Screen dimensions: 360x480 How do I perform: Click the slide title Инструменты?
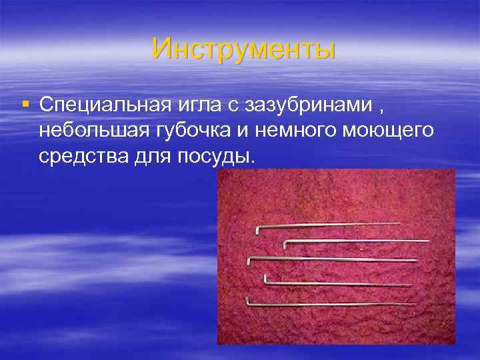coord(243,48)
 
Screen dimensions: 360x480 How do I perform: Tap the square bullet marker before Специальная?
coord(25,104)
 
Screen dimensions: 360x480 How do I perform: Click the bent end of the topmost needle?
coord(257,230)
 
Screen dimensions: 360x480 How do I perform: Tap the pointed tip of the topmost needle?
coord(400,223)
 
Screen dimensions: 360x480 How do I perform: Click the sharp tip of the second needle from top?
coord(429,240)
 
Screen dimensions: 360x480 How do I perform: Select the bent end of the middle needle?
coord(249,260)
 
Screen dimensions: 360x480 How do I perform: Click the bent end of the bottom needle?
coord(247,301)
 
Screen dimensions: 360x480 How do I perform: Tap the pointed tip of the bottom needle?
coord(417,304)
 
